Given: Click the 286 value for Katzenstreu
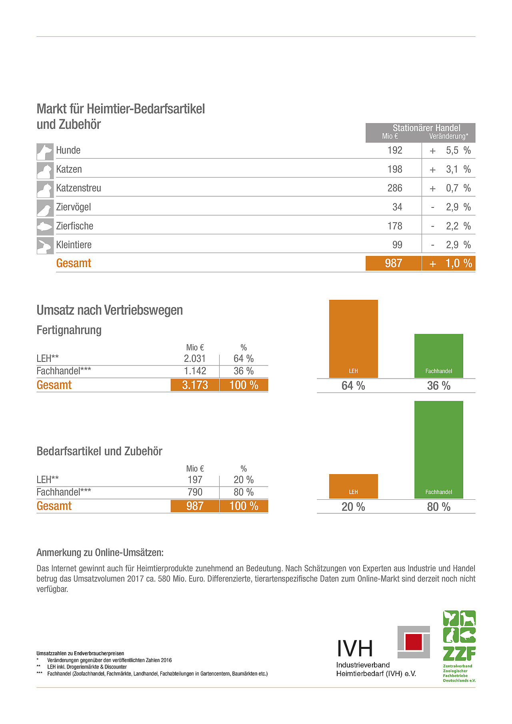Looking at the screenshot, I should pyautogui.click(x=394, y=188).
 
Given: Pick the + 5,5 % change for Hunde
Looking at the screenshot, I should pyautogui.click(x=450, y=151).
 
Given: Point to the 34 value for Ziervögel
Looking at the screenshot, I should pyautogui.click(x=397, y=207).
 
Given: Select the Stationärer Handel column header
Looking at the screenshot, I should pyautogui.click(x=426, y=128).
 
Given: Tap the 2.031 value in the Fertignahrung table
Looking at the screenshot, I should pyautogui.click(x=195, y=359).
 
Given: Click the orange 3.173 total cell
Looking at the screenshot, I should pyautogui.click(x=195, y=385).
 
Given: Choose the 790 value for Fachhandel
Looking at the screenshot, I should pyautogui.click(x=195, y=492).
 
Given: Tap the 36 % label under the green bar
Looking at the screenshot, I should pyautogui.click(x=438, y=386).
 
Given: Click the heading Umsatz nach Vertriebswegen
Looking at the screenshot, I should pyautogui.click(x=110, y=310).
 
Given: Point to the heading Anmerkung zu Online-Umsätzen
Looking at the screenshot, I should pyautogui.click(x=100, y=552).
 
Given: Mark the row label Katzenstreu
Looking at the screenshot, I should pyautogui.click(x=78, y=188).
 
